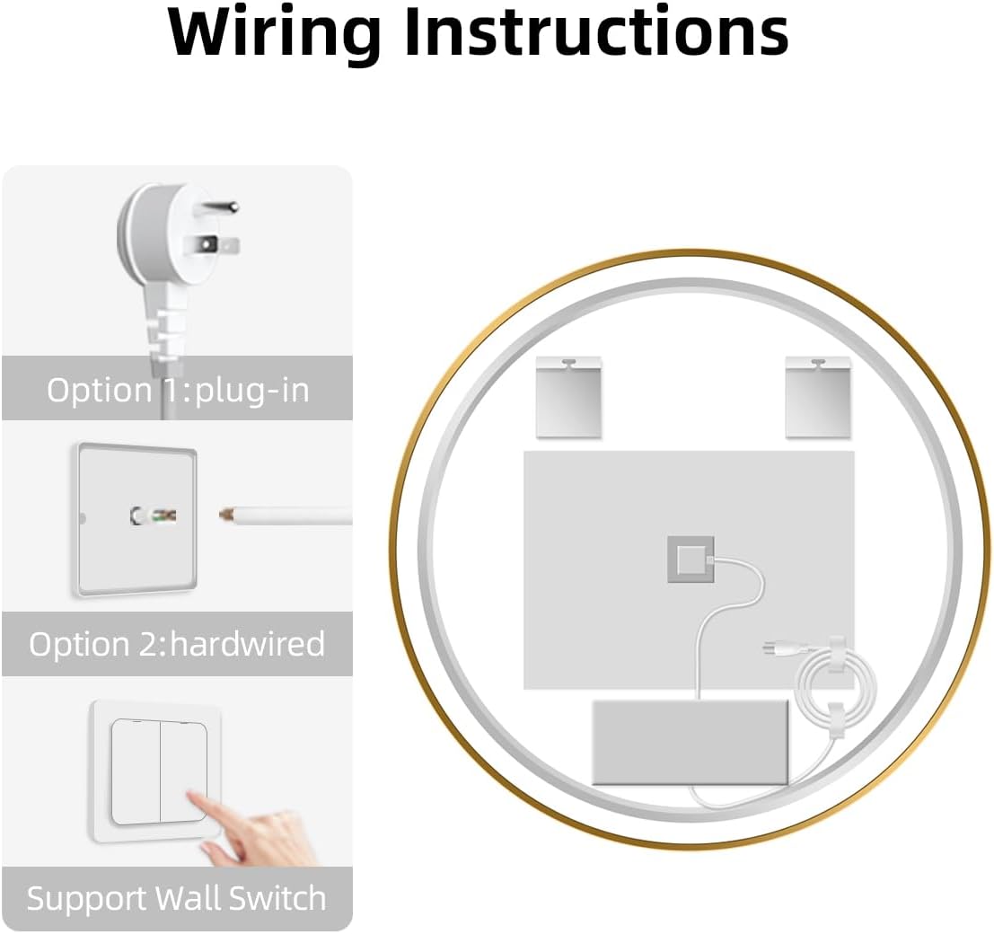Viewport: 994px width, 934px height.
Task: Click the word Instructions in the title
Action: pos(595,32)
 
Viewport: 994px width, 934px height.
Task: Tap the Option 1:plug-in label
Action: pos(178,390)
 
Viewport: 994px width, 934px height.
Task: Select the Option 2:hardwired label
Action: pos(177,644)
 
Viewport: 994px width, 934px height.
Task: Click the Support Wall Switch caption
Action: pos(177,898)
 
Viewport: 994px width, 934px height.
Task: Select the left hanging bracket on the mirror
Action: pos(568,397)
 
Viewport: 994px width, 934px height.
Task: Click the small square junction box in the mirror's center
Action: pos(690,560)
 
